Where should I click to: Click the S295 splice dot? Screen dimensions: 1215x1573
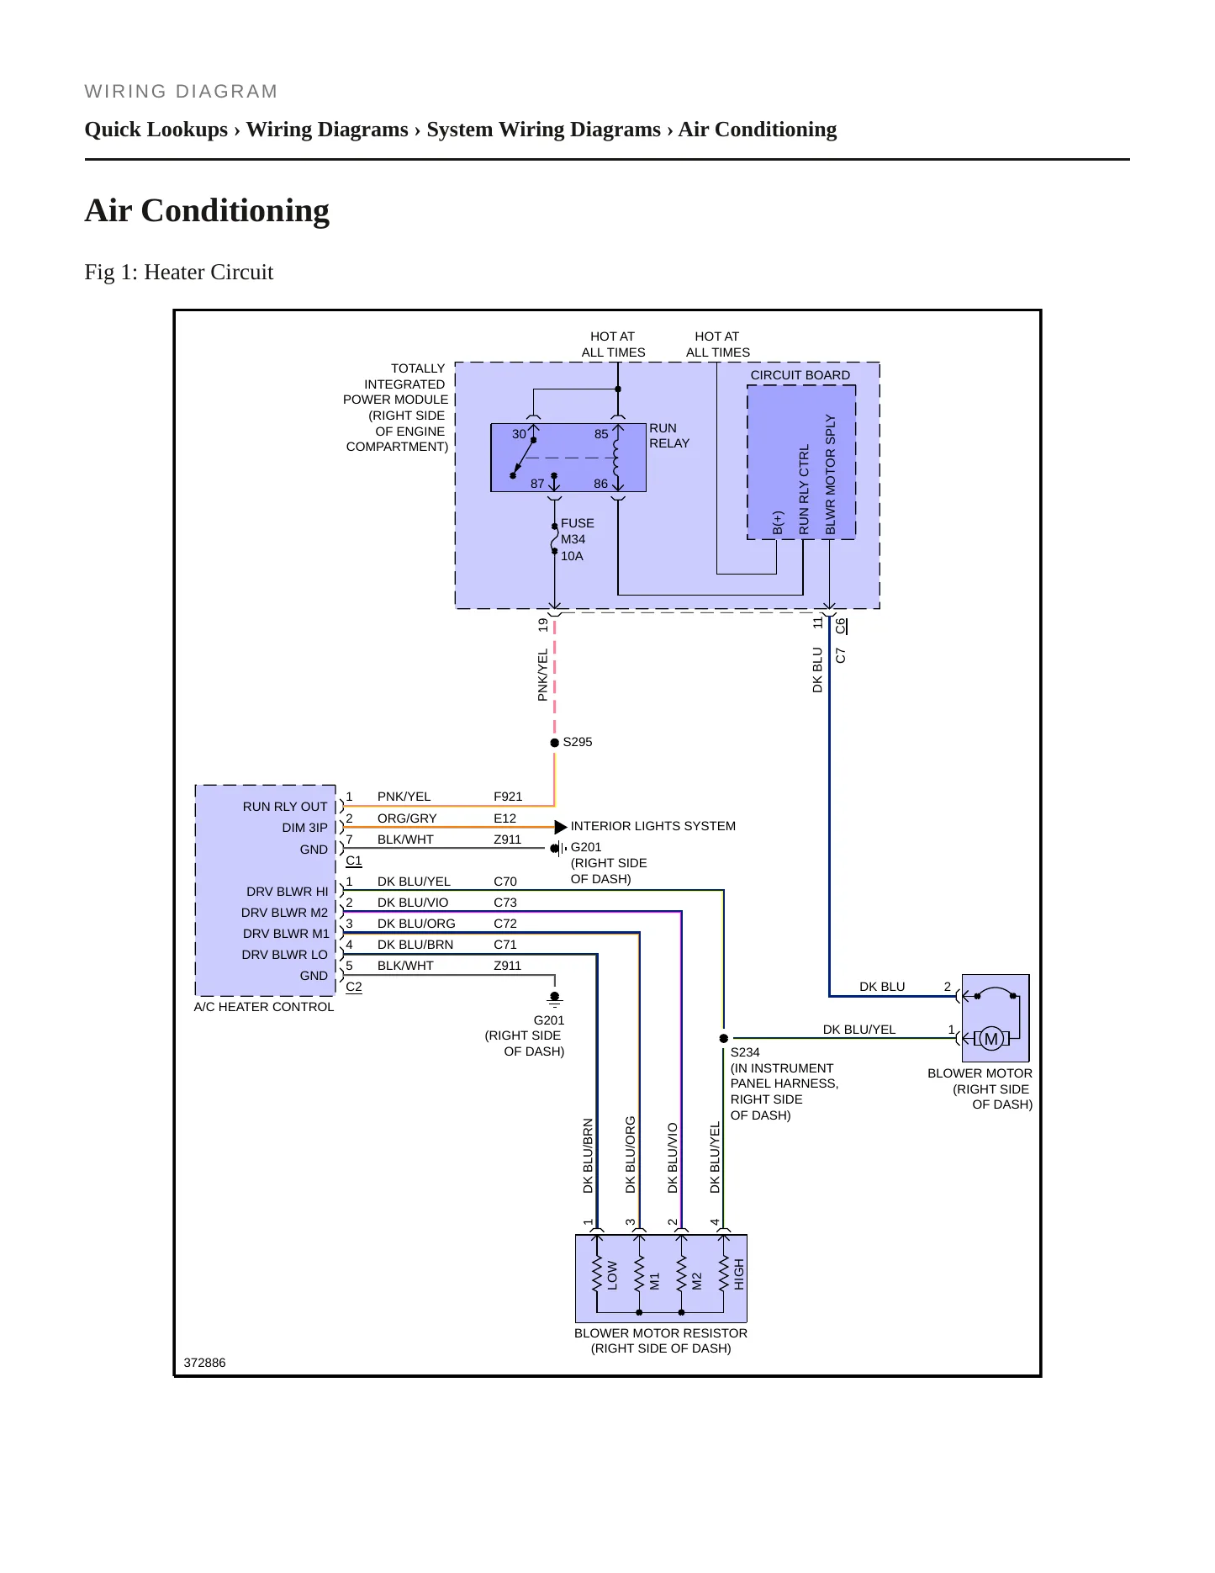(554, 743)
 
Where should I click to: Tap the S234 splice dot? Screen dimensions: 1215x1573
(724, 1038)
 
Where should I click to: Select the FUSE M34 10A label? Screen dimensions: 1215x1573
(578, 539)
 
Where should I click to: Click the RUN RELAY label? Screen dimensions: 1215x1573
(669, 436)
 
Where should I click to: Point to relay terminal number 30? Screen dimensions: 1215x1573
(519, 434)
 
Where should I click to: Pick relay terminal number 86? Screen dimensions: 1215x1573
(600, 484)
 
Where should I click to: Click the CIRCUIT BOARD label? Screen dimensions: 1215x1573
(800, 375)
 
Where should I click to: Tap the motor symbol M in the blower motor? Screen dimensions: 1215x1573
(991, 1039)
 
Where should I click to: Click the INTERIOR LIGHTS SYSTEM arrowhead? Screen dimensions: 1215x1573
(561, 827)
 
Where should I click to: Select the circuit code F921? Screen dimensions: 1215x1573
(508, 797)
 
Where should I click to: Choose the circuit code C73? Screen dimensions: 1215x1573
(505, 903)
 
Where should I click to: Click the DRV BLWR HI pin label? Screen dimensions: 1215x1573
(288, 892)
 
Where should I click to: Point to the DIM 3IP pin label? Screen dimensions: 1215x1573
(305, 828)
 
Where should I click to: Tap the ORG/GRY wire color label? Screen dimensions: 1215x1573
(407, 818)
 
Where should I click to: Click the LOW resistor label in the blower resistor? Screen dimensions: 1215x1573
(612, 1275)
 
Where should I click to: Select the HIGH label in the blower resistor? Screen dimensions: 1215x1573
(739, 1274)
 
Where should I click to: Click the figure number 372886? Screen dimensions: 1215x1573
(204, 1363)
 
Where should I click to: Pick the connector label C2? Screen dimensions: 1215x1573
(354, 987)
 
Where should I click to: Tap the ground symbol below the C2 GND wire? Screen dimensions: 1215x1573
(554, 999)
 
